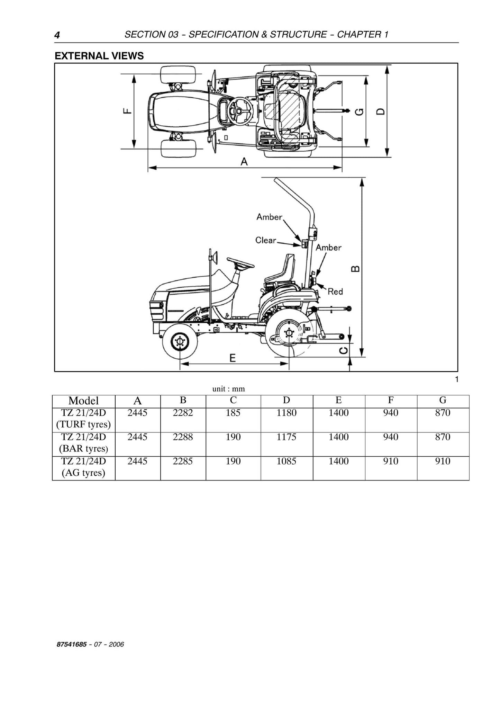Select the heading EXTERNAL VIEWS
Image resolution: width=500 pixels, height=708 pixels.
pos(99,56)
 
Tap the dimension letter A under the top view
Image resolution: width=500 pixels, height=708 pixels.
pos(244,162)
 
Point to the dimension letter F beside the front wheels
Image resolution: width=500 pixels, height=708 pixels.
pos(127,111)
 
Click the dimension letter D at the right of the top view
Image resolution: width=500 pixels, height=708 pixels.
pos(380,111)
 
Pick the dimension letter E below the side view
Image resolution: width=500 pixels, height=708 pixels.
pos(233,358)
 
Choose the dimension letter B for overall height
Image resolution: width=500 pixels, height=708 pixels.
pos(355,269)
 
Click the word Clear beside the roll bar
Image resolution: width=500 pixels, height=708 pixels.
pos(266,240)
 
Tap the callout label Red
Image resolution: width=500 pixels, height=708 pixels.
pos(335,292)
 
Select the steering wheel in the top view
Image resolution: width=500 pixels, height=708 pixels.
pos(238,110)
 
